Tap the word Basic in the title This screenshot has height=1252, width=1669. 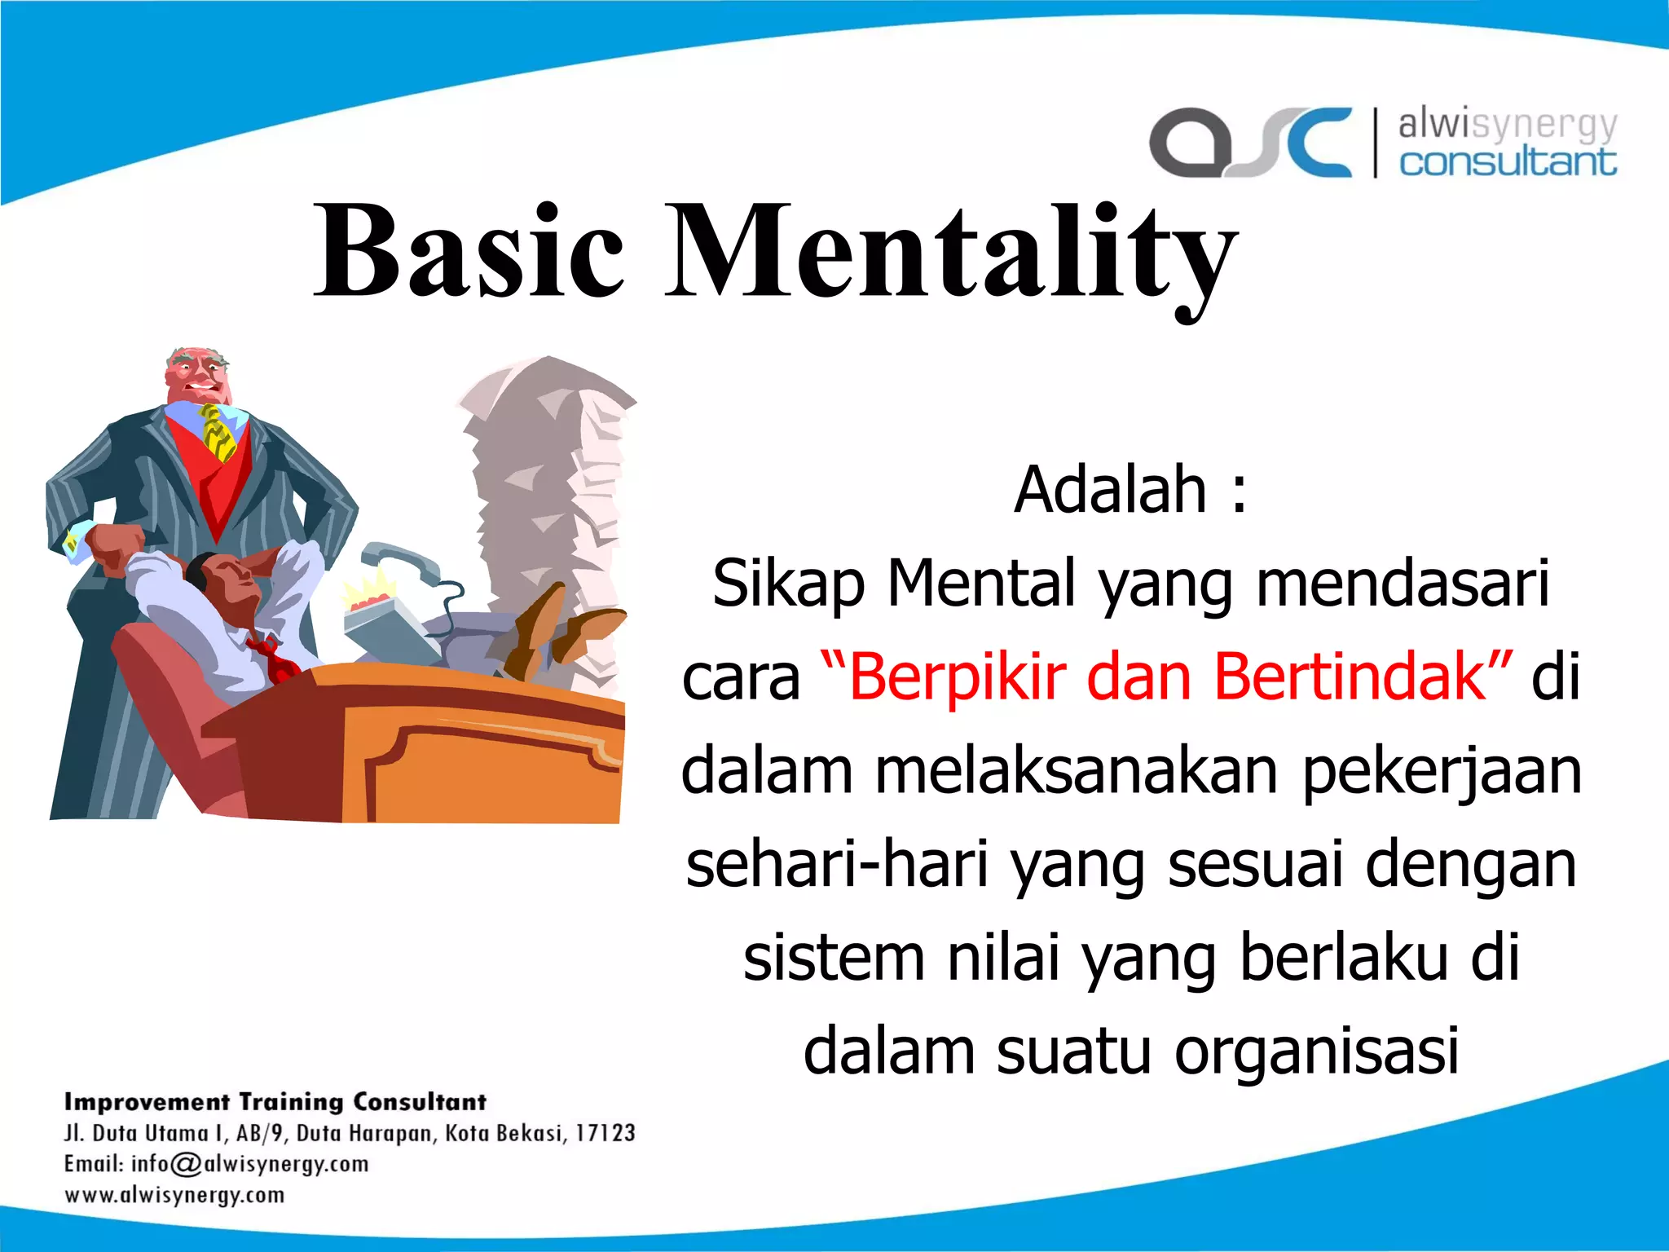[470, 253]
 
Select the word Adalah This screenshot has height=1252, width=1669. [1110, 491]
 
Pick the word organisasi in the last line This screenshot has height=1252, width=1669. [1315, 1051]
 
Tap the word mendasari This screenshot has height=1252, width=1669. [1402, 584]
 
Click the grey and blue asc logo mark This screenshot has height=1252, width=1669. [1250, 142]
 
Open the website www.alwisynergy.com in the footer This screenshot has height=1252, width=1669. [174, 1196]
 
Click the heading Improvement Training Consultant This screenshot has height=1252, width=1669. [275, 1102]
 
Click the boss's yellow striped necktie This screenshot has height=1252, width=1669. [218, 432]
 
